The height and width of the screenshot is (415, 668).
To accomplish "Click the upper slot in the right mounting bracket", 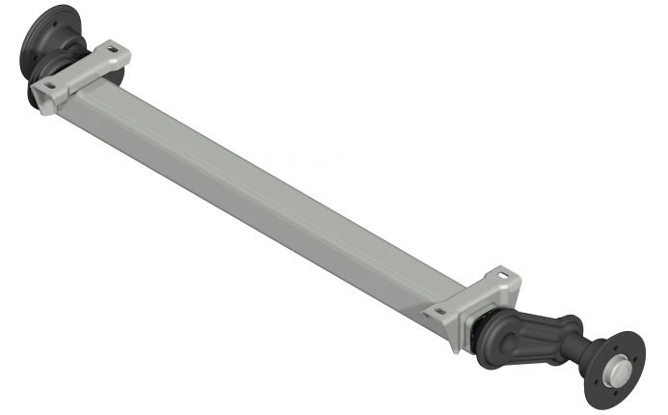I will [x=499, y=275].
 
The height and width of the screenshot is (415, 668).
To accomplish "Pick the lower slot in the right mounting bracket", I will [x=441, y=313].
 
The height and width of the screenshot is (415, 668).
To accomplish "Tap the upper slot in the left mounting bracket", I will [x=113, y=49].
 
